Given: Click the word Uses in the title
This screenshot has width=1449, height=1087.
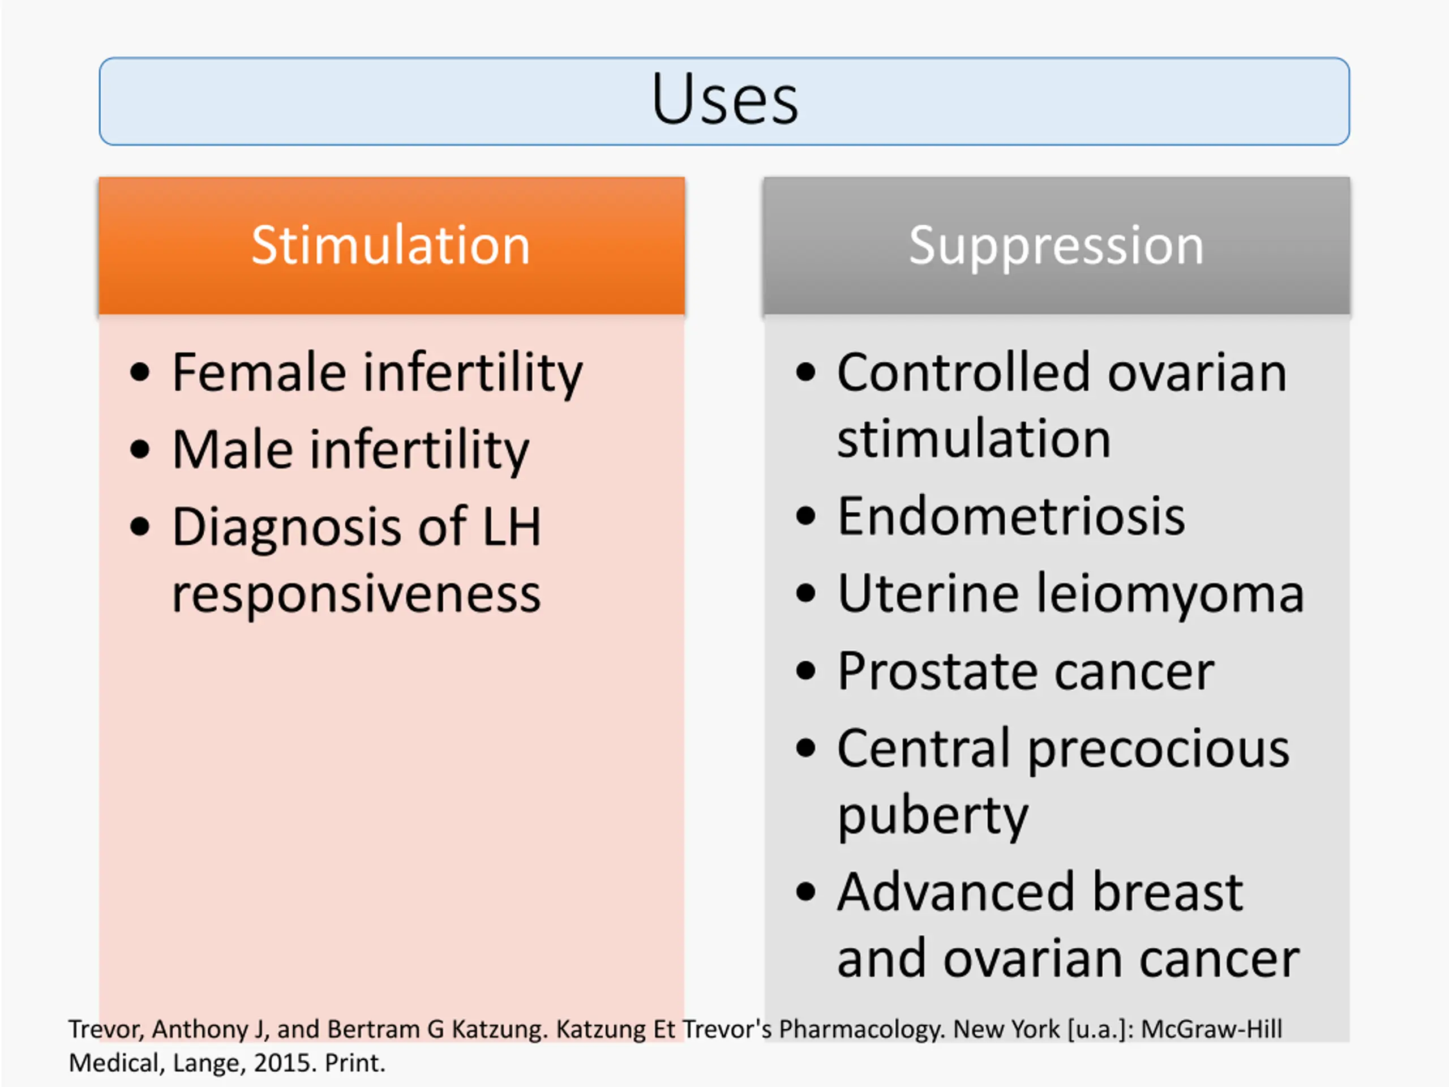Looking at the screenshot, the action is point(724,99).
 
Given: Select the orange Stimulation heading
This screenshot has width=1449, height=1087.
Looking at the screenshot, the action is point(391,245).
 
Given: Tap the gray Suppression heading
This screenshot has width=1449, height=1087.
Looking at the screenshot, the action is point(1056,246).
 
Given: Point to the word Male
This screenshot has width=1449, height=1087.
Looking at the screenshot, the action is point(233,450).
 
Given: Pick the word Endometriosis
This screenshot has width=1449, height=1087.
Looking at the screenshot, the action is point(1011,516).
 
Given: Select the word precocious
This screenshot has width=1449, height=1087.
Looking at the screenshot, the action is point(1158,750).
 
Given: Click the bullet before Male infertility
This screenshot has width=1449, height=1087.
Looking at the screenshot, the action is point(140,450).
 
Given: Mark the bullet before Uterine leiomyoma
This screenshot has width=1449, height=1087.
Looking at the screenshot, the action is point(806,594).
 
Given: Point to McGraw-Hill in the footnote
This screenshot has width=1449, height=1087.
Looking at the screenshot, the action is point(1211,1029).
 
